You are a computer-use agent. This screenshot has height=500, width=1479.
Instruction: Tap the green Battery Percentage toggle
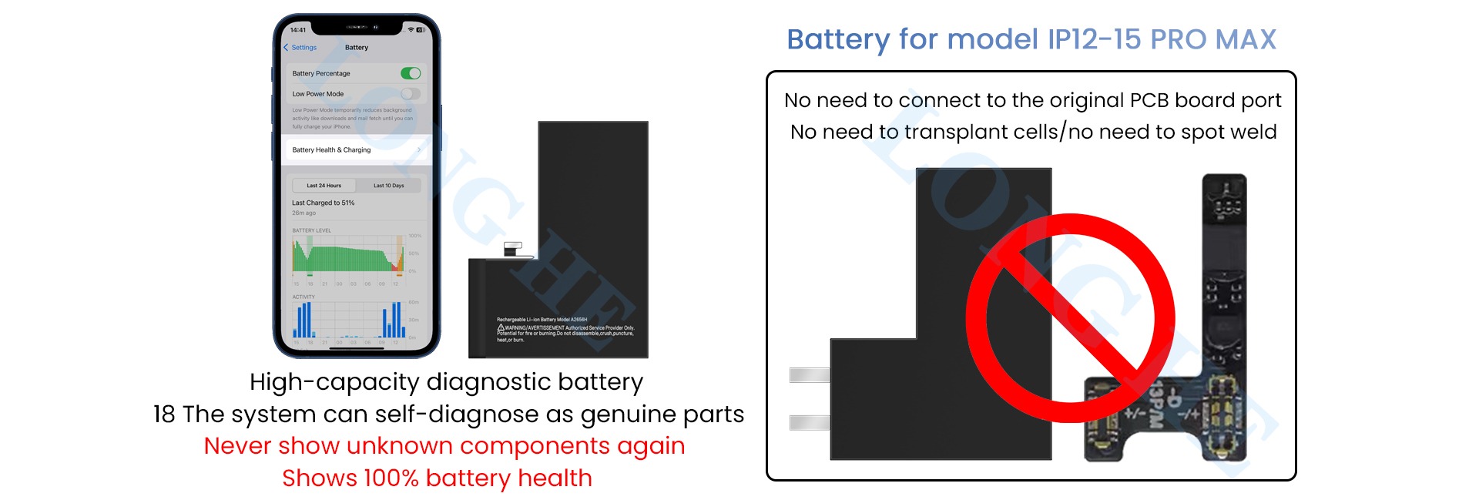411,73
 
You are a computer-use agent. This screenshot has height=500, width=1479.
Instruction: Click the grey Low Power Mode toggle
411,94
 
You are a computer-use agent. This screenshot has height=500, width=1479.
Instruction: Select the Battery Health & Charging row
355,149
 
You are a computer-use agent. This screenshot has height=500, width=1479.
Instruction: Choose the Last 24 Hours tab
324,186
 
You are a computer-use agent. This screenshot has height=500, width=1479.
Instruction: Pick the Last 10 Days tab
388,186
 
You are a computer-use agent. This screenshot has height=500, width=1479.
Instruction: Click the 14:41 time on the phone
298,30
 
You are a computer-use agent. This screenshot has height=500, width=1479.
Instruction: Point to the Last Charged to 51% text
323,203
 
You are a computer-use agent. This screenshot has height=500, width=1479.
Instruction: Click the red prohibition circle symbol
1070,317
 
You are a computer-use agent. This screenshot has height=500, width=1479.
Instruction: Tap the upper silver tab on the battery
810,375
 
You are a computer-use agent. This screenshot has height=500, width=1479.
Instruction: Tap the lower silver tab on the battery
810,422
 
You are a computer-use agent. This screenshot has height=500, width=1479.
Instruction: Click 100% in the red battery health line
391,478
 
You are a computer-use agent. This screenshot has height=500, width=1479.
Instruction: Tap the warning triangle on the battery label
501,328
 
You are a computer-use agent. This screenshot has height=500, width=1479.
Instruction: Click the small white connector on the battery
513,249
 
